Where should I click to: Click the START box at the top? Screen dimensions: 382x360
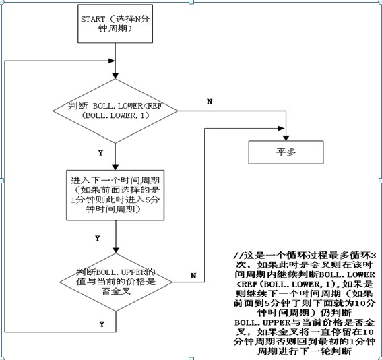[115, 24]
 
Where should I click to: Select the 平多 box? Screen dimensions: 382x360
[286, 152]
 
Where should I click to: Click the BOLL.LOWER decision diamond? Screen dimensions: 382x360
[115, 111]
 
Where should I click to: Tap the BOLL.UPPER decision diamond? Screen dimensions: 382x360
[116, 282]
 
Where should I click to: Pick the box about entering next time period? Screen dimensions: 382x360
[115, 195]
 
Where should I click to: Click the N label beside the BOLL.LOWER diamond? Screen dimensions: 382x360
[210, 102]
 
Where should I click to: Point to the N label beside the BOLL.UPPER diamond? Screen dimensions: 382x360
[193, 276]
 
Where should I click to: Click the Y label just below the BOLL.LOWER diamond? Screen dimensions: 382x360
[100, 153]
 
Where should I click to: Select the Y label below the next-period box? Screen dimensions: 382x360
[98, 238]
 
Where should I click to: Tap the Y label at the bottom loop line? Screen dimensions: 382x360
[102, 324]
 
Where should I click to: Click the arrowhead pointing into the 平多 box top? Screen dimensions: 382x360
[286, 138]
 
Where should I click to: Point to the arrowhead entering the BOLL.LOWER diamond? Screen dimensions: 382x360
[115, 76]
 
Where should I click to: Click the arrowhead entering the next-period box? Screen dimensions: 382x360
[115, 167]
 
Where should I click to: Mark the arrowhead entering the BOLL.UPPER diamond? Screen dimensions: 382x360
[116, 250]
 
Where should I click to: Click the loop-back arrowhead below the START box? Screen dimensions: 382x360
[112, 61]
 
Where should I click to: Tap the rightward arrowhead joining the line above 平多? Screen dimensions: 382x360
[282, 128]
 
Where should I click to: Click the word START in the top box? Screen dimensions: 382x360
[93, 19]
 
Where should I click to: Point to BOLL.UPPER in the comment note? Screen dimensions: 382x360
[263, 322]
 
